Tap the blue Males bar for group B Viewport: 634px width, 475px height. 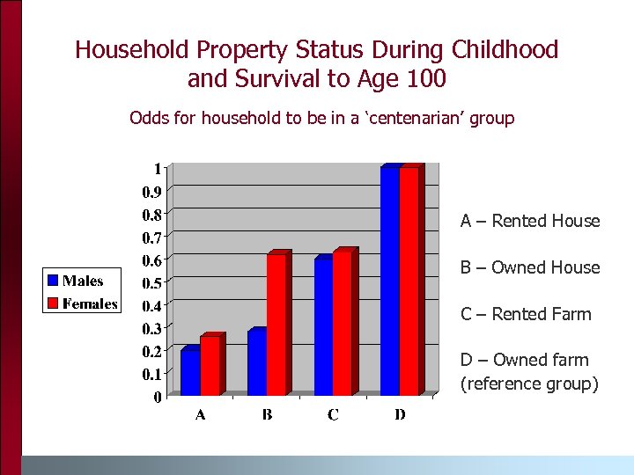click(x=256, y=362)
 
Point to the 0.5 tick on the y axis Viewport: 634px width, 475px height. click(x=151, y=282)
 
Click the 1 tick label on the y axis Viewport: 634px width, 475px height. click(x=157, y=168)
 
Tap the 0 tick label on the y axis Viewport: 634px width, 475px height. click(x=157, y=397)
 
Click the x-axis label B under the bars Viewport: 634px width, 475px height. click(x=267, y=415)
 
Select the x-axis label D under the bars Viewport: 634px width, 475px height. click(x=400, y=415)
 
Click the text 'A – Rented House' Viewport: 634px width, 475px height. click(x=529, y=221)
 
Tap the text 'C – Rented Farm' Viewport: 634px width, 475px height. click(x=526, y=314)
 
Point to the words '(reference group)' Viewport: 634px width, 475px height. click(x=528, y=384)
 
